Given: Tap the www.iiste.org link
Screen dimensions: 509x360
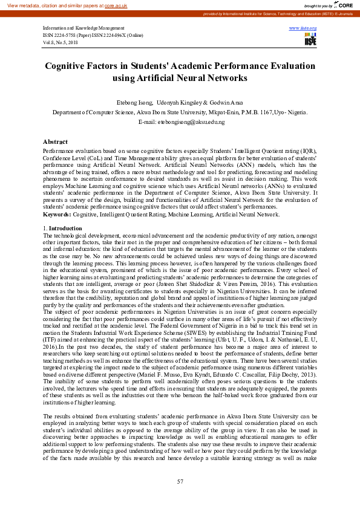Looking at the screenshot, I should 303,28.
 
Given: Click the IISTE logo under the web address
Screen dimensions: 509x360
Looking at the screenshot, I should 310,40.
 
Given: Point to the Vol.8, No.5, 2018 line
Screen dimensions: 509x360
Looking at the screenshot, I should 61,43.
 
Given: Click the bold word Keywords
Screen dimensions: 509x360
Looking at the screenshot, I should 57,214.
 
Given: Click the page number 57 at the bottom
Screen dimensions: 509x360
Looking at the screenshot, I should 180,481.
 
